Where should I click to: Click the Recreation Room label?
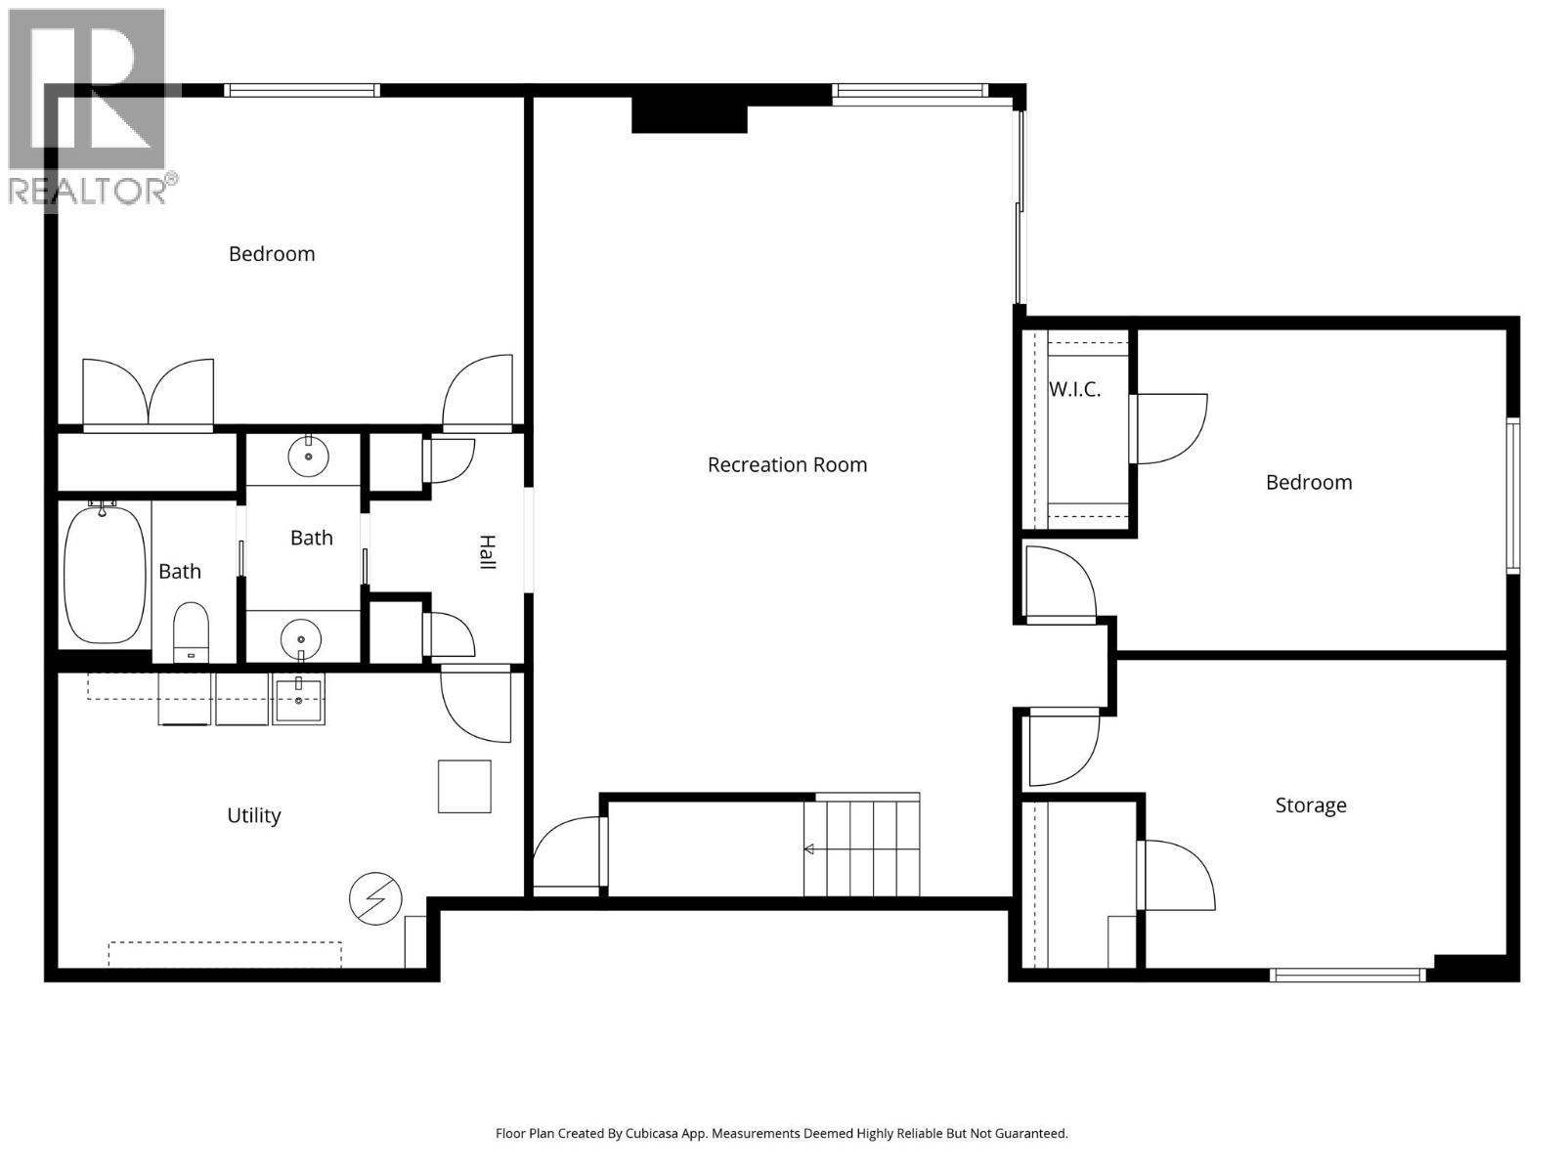787,465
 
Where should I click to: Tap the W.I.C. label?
1074,389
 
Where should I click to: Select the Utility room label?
253,815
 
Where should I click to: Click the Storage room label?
1310,805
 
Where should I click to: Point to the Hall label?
486,552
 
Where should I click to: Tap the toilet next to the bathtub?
191,631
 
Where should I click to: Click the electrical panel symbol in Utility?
375,898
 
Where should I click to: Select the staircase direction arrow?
810,849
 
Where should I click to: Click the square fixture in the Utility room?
464,786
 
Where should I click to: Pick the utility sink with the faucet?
298,698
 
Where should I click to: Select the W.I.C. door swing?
1169,428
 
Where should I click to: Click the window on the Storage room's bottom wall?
1348,975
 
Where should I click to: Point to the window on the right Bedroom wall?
1512,495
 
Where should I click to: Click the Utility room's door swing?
475,704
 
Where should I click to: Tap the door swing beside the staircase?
567,853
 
